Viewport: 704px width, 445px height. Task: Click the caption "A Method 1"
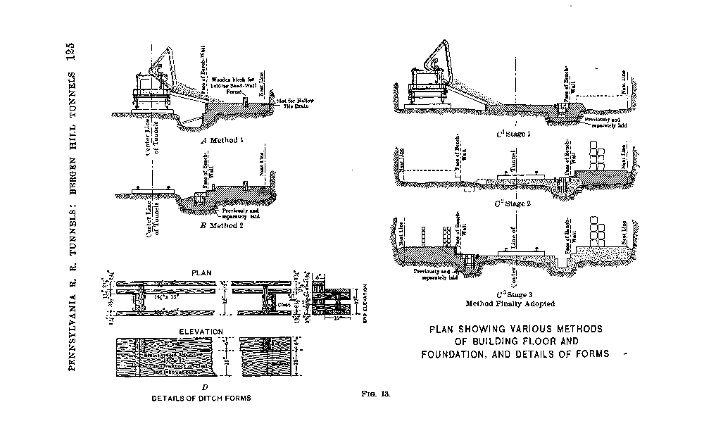coord(222,140)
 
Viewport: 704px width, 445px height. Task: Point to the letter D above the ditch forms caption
coord(204,387)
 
